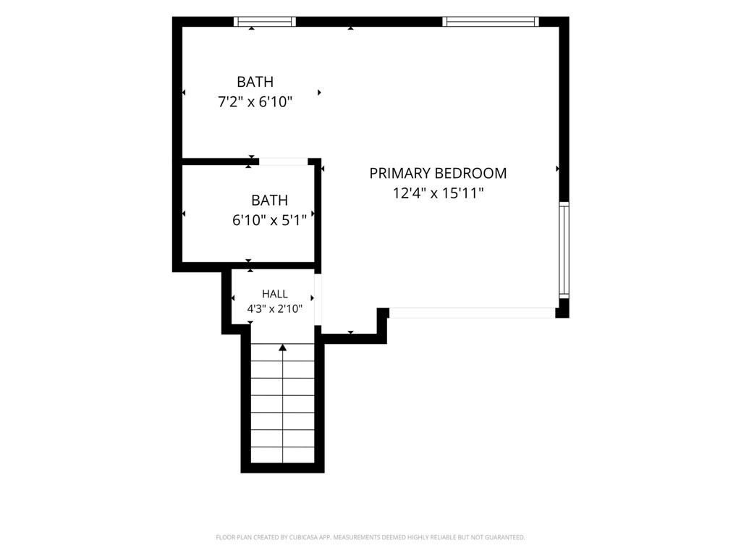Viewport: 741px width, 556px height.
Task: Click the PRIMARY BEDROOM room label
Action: coord(438,174)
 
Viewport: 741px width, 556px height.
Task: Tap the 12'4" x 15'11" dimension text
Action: coord(438,193)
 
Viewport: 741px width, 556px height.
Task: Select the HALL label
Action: coord(274,294)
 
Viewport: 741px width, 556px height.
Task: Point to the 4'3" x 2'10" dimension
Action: coord(274,309)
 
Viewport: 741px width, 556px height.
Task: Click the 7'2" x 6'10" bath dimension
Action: coord(255,101)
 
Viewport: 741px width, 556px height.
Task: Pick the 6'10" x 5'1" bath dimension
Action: coord(269,220)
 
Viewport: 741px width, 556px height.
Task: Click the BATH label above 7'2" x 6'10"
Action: coord(255,82)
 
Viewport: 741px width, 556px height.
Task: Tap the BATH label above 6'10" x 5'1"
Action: coord(269,200)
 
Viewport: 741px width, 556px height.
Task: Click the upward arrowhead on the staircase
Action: coord(283,347)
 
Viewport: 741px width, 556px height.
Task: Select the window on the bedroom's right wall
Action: coord(564,250)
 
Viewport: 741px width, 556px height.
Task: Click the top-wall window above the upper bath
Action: coord(265,21)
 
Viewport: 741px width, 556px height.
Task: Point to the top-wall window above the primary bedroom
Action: coord(491,21)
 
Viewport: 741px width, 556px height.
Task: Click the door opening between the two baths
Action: coord(284,161)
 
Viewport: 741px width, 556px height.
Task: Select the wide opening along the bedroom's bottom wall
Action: coord(472,313)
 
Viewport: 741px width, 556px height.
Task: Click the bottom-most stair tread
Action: coord(283,455)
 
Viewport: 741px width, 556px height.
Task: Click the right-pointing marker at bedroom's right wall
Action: coord(558,168)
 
